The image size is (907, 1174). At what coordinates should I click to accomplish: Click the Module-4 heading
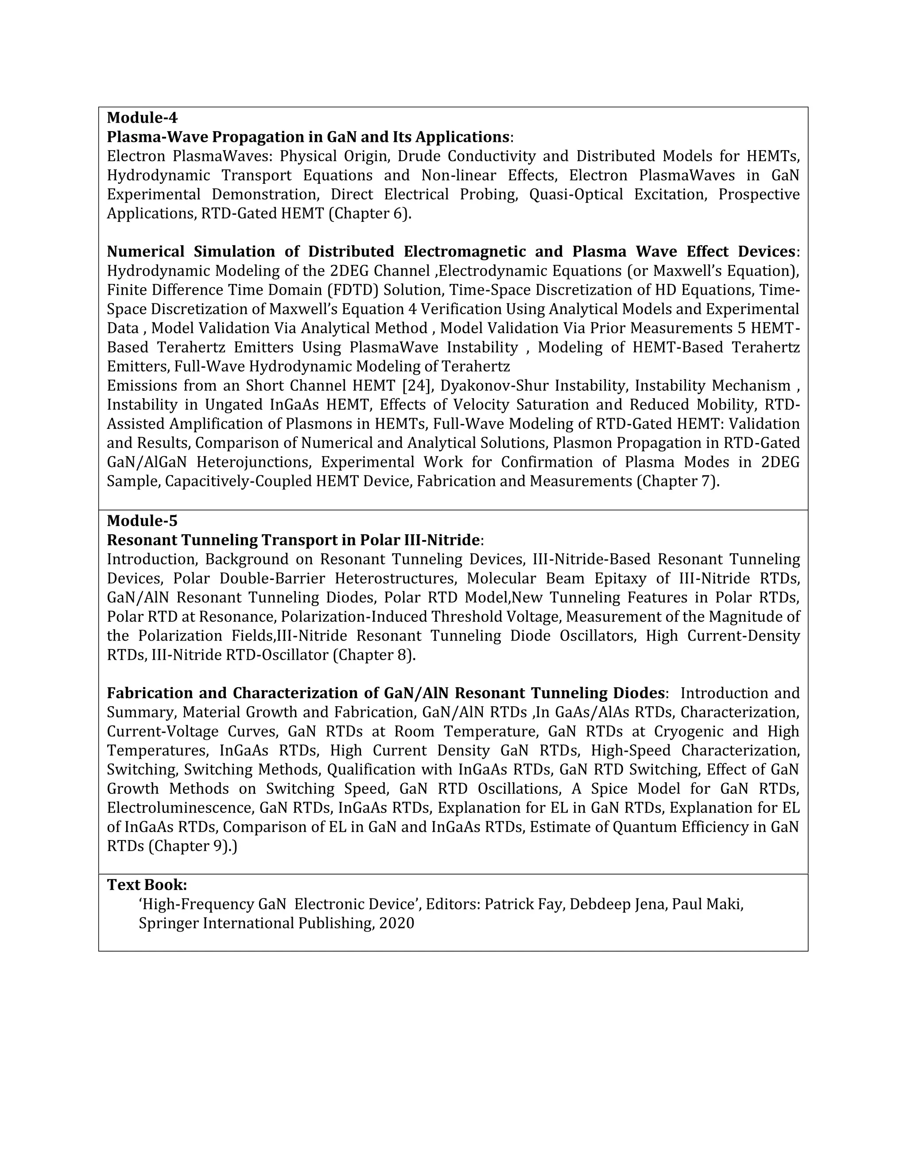coord(142,118)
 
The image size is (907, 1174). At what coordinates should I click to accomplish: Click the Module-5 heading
coord(142,521)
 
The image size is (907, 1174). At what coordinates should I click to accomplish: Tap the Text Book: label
coord(147,885)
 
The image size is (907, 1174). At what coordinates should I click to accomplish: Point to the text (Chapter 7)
coord(678,481)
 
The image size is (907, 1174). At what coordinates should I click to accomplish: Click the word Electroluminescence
coord(179,808)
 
